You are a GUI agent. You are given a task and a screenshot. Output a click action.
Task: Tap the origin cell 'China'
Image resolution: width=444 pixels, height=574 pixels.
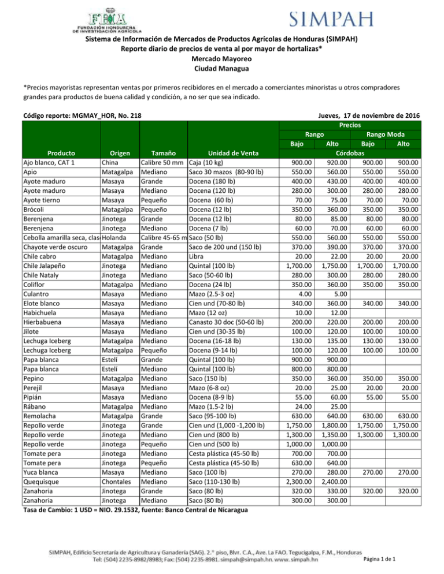(112, 163)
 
